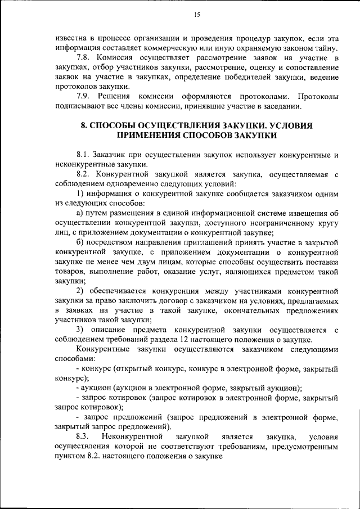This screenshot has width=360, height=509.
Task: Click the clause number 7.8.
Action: [83, 58]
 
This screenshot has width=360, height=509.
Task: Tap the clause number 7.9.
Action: [83, 96]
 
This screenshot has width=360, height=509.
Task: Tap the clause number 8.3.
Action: [83, 436]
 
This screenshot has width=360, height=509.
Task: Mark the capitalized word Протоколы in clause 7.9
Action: [318, 96]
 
